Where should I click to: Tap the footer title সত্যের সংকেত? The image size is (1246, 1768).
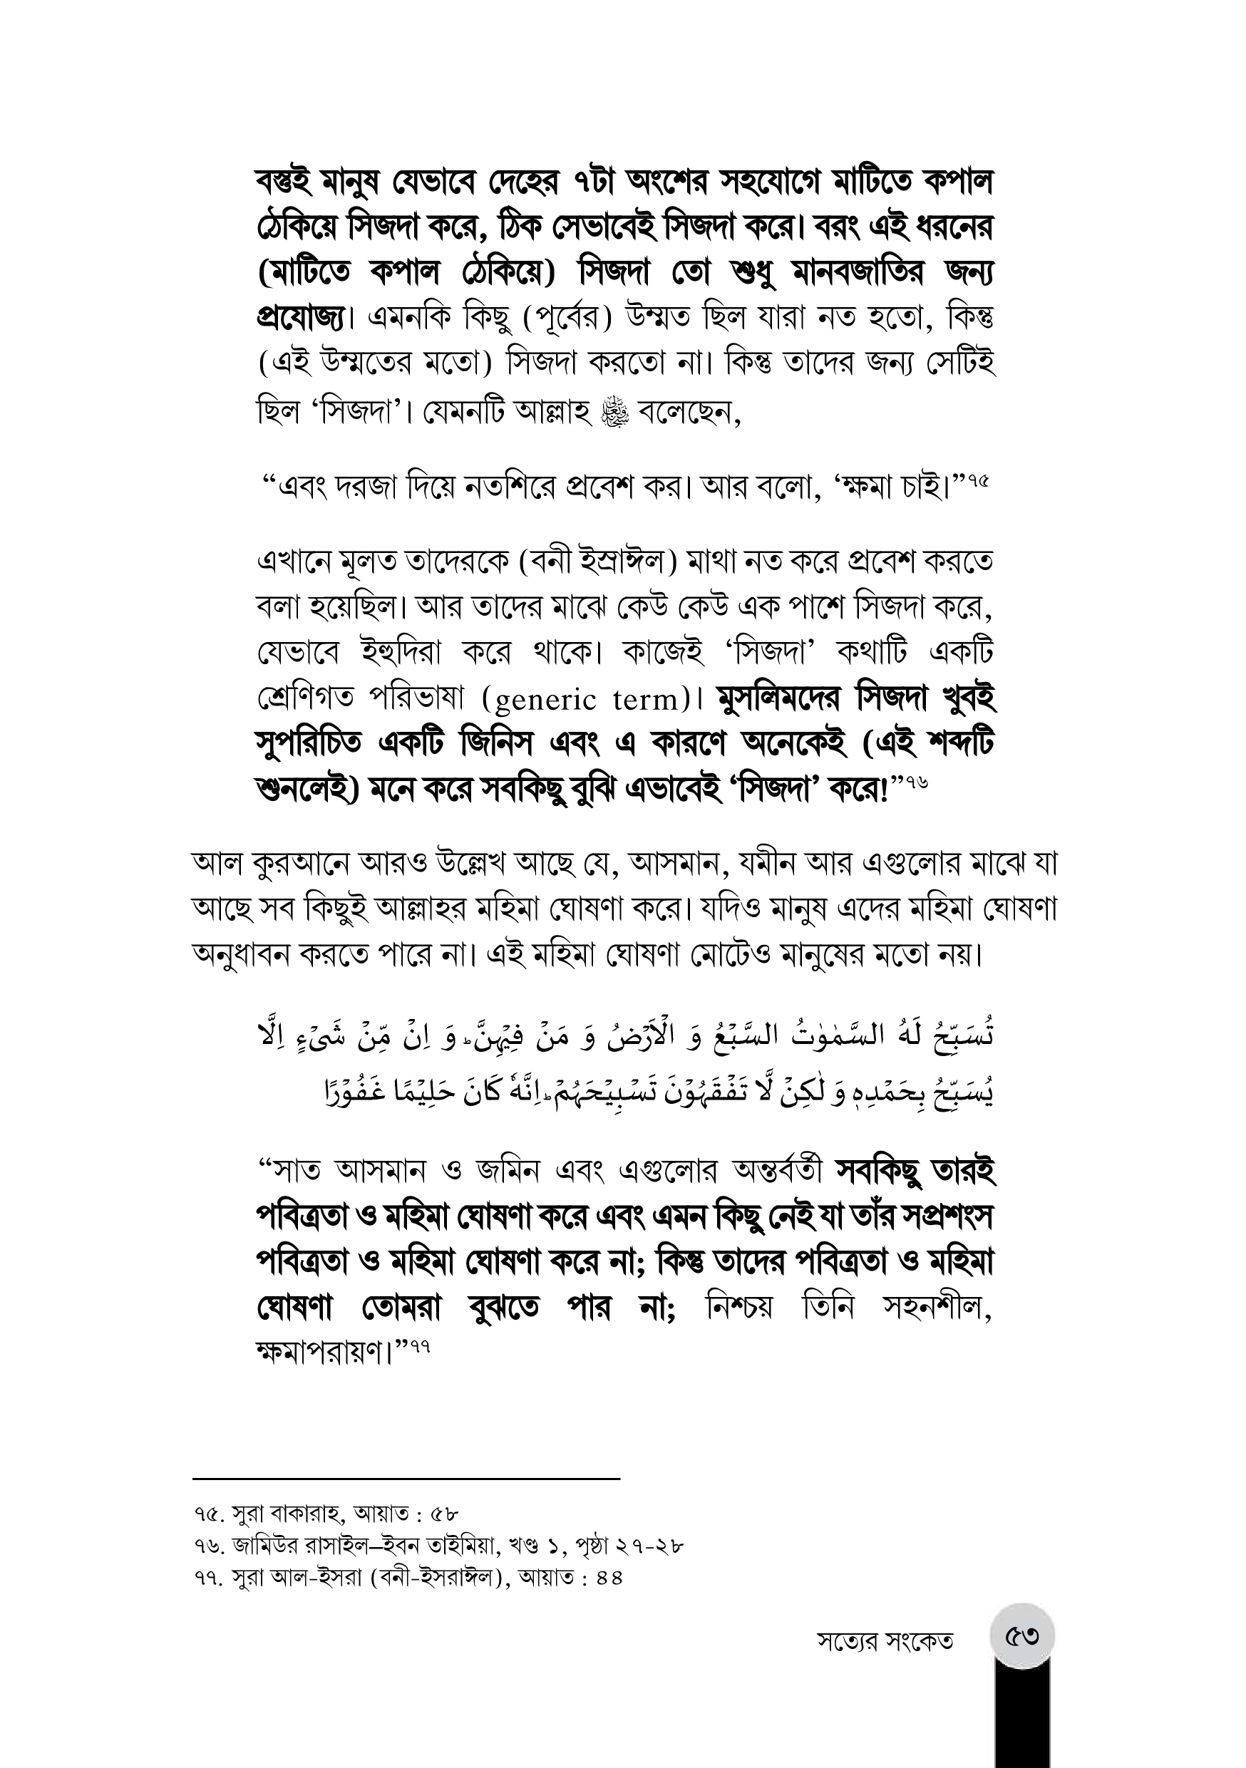click(885, 1642)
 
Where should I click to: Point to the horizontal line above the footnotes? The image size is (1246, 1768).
click(406, 1479)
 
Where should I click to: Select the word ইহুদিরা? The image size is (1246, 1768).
click(401, 653)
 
